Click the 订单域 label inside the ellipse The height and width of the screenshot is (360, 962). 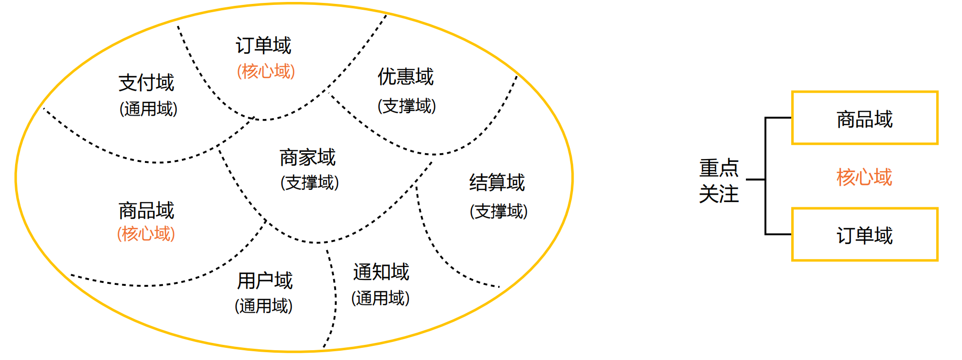pos(263,45)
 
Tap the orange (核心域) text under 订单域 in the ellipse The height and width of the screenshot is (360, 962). pos(266,71)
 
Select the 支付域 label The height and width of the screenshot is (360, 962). pos(146,82)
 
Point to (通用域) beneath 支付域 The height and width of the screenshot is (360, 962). pos(148,108)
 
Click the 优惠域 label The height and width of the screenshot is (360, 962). pos(406,77)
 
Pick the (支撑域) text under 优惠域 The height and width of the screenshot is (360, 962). pos(407,105)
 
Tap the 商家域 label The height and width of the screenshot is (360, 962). pos(308,158)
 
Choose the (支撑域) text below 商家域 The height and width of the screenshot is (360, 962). pos(309,182)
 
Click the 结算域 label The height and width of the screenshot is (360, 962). pos(497,182)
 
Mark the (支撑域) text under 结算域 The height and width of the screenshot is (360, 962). pos(499,211)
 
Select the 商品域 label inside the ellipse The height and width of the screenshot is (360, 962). pos(146,211)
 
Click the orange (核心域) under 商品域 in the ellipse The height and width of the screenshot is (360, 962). pos(146,234)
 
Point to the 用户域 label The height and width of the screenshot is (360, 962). pos(265,280)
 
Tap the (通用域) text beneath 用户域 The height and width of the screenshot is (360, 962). pos(263,306)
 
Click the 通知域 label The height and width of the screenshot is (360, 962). pos(381,272)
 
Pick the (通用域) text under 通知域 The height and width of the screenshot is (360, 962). pos(381,298)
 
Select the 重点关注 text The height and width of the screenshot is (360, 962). pos(719,180)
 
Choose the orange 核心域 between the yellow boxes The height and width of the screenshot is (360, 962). pos(864,177)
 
